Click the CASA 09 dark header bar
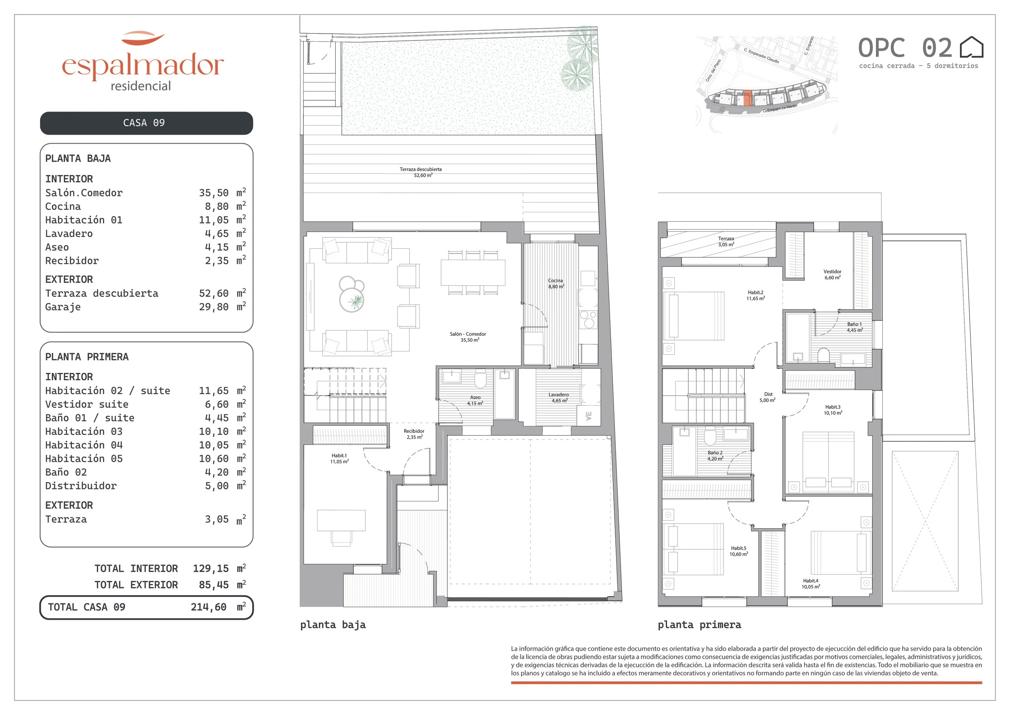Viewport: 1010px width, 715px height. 147,123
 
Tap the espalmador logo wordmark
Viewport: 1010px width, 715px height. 143,66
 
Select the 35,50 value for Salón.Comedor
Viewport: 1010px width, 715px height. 214,193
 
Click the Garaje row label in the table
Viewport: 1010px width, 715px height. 63,307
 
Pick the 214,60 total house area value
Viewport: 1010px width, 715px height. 208,607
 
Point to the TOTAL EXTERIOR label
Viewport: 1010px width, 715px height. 137,585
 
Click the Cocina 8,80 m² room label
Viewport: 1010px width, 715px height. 555,283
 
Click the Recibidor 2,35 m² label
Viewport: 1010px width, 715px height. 414,434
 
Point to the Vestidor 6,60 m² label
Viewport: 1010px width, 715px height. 832,275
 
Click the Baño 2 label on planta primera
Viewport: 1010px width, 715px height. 715,456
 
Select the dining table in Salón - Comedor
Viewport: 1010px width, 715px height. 473,273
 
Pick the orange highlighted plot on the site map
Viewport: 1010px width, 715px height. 748,98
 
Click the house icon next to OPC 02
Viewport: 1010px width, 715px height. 971,48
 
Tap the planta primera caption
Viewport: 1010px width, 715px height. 699,625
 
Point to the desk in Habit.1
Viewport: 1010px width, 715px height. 341,521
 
